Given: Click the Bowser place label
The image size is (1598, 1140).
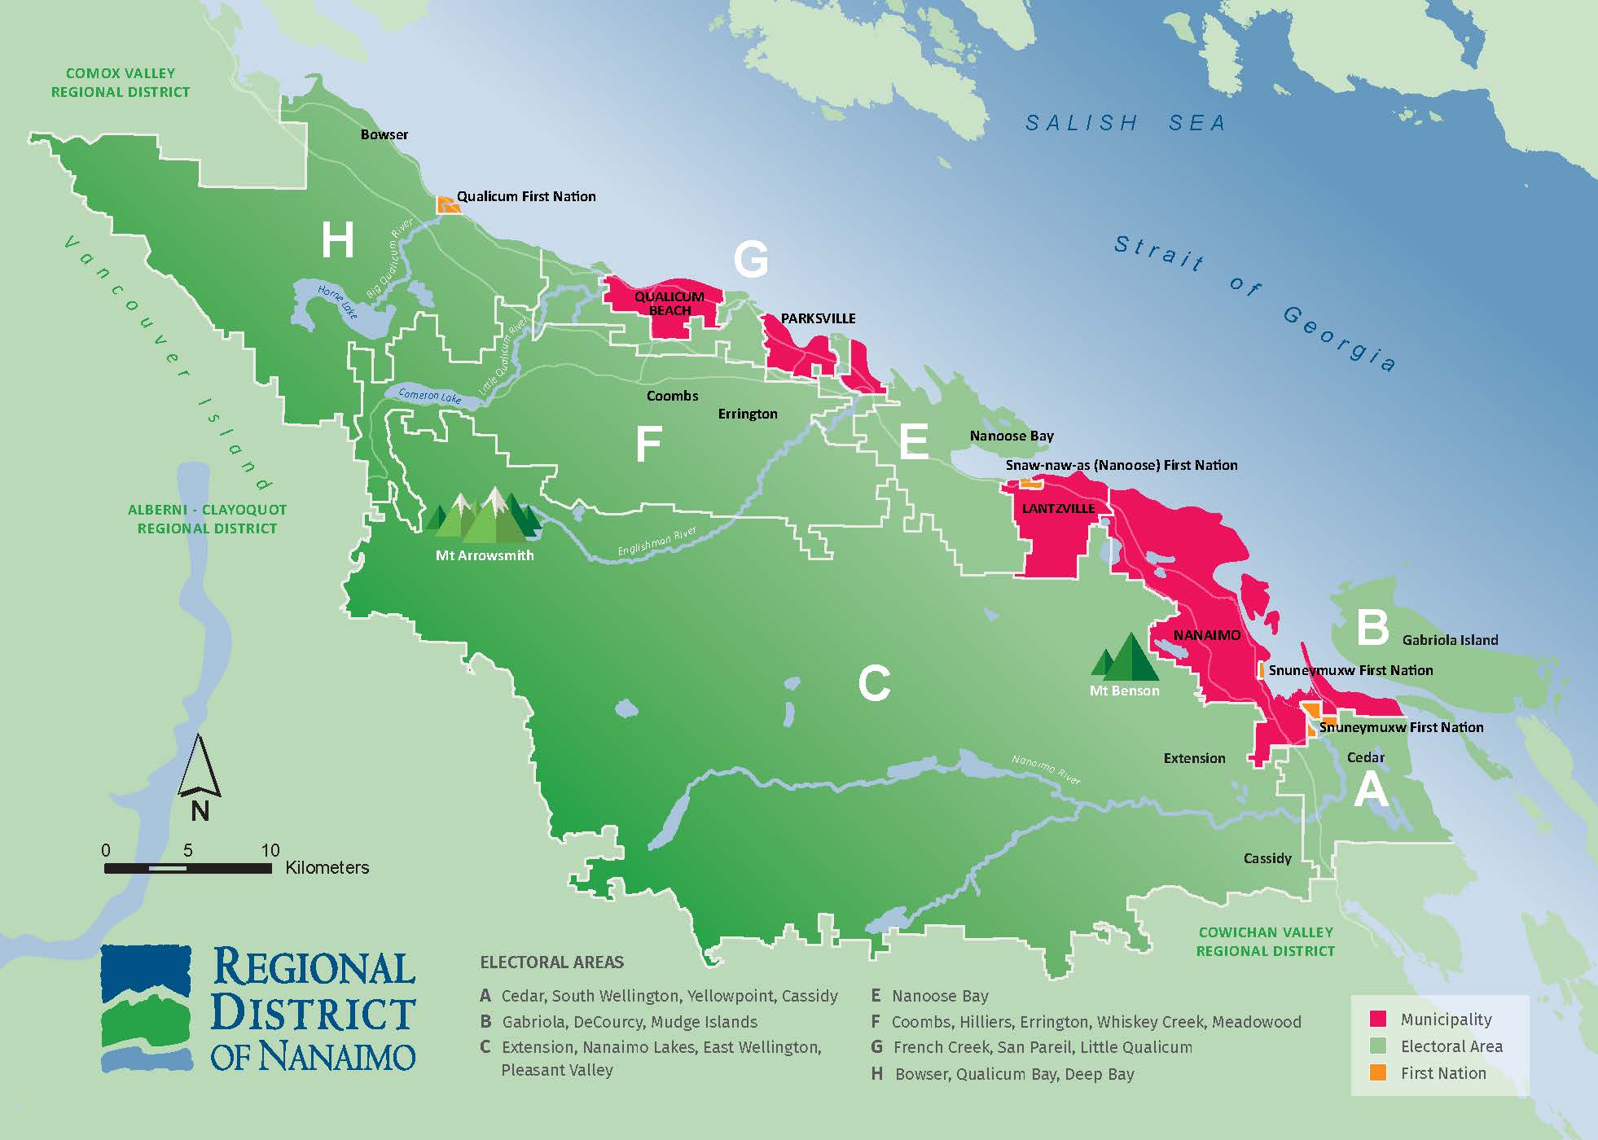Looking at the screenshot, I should (x=384, y=134).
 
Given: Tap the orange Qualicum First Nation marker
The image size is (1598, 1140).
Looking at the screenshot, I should (x=447, y=204).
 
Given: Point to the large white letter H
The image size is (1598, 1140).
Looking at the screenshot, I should (x=337, y=240).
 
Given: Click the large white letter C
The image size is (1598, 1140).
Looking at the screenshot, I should (x=874, y=682).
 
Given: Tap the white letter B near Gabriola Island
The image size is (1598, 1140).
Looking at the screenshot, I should (x=1372, y=628).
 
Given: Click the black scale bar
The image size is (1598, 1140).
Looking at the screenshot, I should (x=187, y=869).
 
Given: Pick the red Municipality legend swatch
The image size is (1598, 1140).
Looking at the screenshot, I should (x=1378, y=1019).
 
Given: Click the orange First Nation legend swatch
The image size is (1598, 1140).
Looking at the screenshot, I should (x=1378, y=1073).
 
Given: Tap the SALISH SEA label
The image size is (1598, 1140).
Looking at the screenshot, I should (x=1125, y=123).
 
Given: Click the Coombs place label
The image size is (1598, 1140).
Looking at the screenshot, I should (x=672, y=396).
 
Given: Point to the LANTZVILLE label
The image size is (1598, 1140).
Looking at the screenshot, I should (x=1058, y=508).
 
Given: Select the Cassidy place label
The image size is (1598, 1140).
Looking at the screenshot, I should (x=1267, y=858).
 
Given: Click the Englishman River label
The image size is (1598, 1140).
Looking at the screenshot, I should (x=656, y=541).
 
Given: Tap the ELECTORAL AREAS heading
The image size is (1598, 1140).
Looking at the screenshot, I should (x=551, y=962).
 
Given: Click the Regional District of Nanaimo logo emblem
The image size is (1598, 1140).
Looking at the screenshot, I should (x=147, y=1008).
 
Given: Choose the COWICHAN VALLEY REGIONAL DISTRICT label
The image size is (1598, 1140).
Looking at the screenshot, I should (x=1265, y=941).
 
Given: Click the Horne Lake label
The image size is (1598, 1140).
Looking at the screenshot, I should (x=337, y=302).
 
